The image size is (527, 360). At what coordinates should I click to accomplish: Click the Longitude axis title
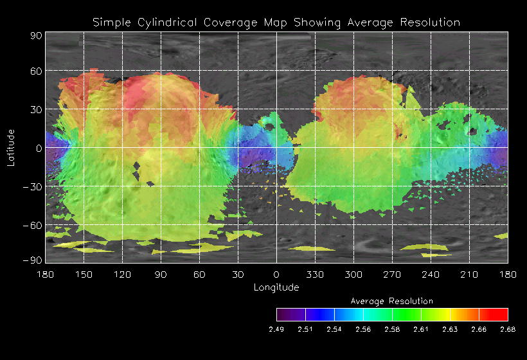tap(276, 287)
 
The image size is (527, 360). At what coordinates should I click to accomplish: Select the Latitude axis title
tap(11, 147)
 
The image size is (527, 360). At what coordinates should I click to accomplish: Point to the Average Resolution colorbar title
tap(392, 301)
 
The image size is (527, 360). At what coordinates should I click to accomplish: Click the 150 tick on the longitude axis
tap(84, 274)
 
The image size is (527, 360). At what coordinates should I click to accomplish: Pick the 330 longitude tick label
tap(315, 274)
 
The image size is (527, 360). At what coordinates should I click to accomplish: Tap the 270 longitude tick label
tap(392, 274)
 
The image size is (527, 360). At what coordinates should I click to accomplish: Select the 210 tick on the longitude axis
tap(469, 274)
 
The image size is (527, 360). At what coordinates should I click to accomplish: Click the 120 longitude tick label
tap(122, 274)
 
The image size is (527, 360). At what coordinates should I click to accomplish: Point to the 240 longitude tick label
tap(431, 274)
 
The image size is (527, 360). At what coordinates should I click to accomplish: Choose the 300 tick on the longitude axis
tap(353, 274)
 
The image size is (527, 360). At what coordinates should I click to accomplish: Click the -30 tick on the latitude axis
tap(33, 186)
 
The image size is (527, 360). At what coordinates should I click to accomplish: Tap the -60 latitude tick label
tap(33, 225)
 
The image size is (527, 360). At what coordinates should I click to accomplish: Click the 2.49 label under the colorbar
tap(276, 330)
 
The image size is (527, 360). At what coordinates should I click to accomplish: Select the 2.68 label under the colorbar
tap(508, 330)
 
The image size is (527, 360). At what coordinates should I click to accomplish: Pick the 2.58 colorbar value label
tap(392, 330)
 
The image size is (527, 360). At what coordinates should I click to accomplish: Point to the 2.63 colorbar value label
tap(450, 330)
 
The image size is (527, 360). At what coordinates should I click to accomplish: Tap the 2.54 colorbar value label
tap(334, 330)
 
